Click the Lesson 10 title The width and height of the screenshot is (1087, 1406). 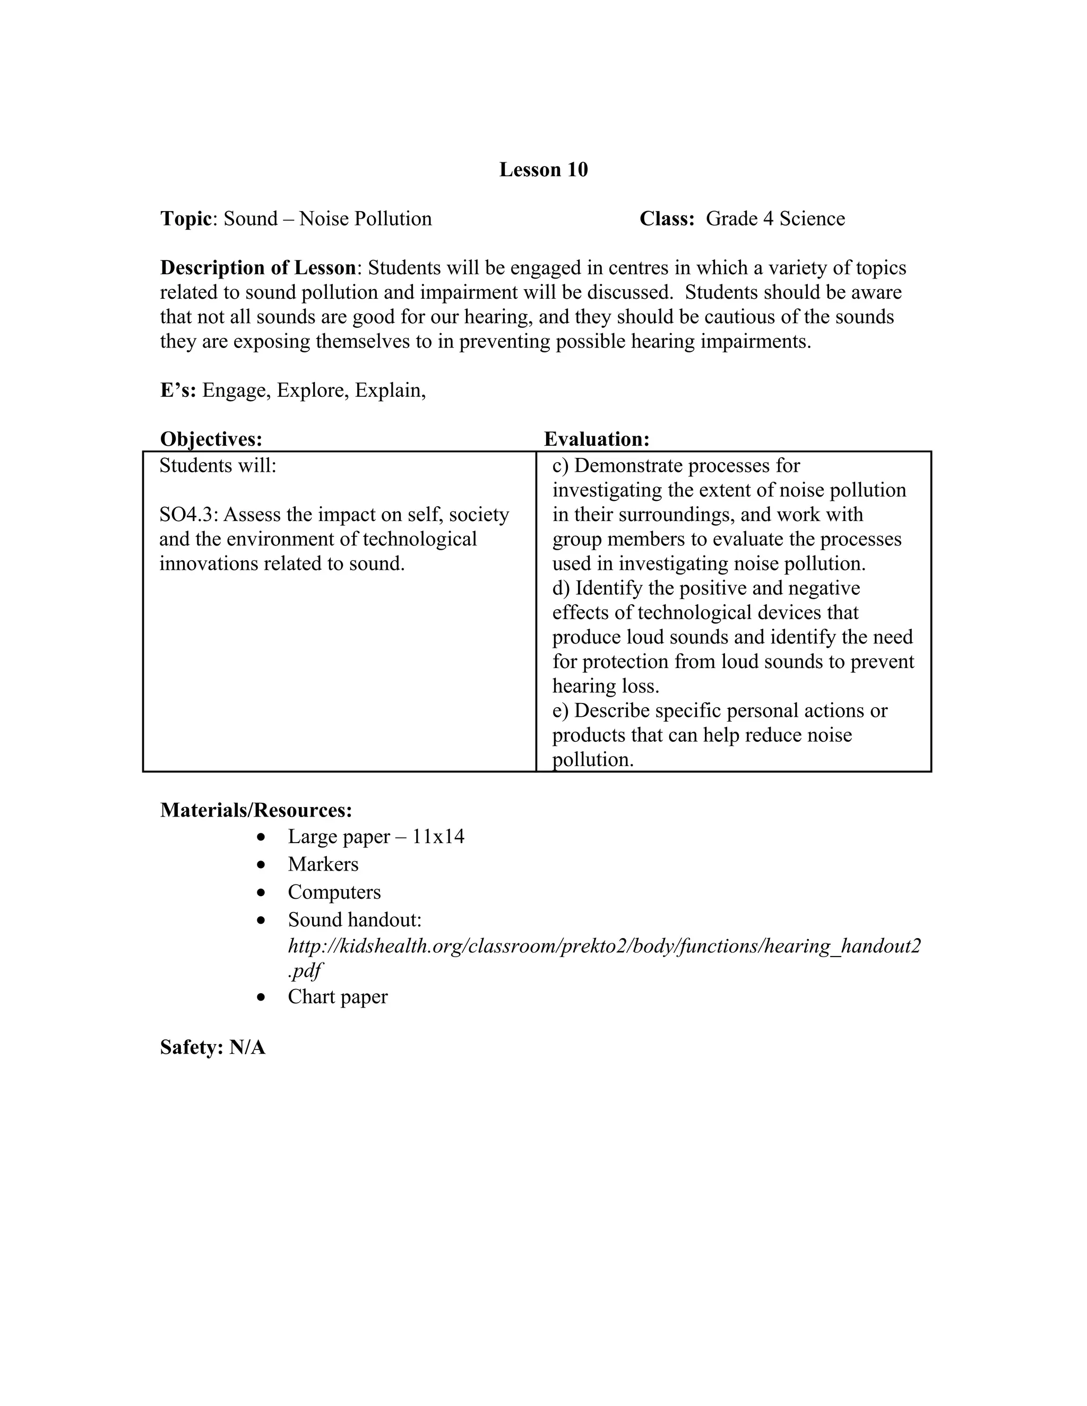(543, 169)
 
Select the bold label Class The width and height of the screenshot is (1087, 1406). (667, 219)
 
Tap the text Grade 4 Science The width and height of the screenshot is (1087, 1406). (775, 219)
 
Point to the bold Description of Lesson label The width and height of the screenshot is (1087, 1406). (257, 268)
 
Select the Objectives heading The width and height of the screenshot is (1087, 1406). (211, 439)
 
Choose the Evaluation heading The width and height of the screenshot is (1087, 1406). (596, 439)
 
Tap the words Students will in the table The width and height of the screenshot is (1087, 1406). (218, 465)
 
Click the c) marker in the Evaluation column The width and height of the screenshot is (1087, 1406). (560, 465)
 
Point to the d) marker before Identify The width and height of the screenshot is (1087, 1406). (561, 588)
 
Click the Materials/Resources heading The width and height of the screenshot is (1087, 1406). (256, 810)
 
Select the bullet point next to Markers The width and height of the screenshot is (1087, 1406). (261, 865)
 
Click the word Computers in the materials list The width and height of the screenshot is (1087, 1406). (334, 892)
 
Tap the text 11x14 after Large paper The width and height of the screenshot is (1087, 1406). (438, 837)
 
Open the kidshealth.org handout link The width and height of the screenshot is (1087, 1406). (604, 947)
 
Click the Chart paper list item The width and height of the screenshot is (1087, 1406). (338, 996)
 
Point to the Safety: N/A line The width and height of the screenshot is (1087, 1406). (212, 1047)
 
